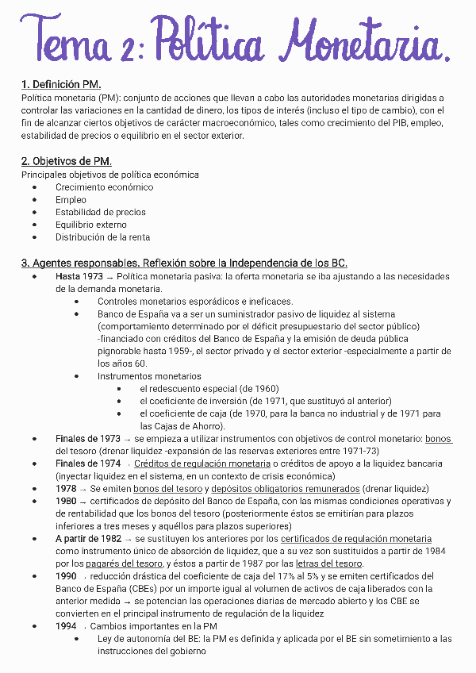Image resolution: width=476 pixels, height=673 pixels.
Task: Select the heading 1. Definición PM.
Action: point(60,84)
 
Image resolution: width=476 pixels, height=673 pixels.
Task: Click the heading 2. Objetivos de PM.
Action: point(66,161)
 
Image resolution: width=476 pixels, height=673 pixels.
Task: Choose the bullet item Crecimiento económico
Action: point(104,187)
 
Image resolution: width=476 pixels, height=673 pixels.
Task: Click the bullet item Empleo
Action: point(71,200)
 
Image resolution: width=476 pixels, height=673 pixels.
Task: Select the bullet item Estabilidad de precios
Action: point(100,213)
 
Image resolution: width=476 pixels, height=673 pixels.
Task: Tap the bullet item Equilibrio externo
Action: point(90,225)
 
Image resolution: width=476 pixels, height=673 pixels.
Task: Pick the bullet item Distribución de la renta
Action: point(102,237)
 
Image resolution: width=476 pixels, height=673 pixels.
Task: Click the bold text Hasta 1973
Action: point(79,276)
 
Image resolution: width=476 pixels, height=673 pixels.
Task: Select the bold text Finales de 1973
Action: point(87,439)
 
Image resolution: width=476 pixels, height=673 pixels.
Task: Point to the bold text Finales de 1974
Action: point(87,463)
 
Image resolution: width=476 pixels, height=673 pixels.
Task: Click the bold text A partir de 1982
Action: point(88,538)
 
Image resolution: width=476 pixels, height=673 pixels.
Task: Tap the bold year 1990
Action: point(66,576)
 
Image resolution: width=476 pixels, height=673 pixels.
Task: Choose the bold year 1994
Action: point(66,626)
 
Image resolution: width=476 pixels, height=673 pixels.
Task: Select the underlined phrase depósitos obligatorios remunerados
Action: point(286,489)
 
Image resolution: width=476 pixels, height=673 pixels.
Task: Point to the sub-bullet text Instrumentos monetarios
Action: point(149,376)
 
